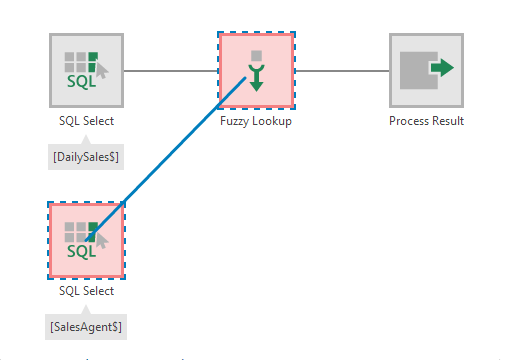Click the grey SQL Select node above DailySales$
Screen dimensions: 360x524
[86, 70]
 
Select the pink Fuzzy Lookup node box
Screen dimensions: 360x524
[256, 70]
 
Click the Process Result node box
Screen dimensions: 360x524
[426, 70]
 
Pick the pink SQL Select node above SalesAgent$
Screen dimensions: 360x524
[86, 240]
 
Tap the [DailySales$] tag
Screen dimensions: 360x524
[86, 155]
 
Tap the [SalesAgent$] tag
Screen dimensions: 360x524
[86, 325]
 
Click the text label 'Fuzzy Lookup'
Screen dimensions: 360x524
[256, 121]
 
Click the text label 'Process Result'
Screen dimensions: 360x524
[426, 121]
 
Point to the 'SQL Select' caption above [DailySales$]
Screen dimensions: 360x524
[86, 121]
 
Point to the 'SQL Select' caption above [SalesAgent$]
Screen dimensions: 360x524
[86, 291]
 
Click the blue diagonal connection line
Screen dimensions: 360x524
[170, 160]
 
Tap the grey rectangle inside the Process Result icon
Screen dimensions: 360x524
[417, 71]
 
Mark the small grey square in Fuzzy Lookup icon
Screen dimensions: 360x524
[256, 55]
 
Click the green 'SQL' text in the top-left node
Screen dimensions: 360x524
[81, 81]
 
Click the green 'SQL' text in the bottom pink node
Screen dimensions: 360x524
[81, 251]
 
